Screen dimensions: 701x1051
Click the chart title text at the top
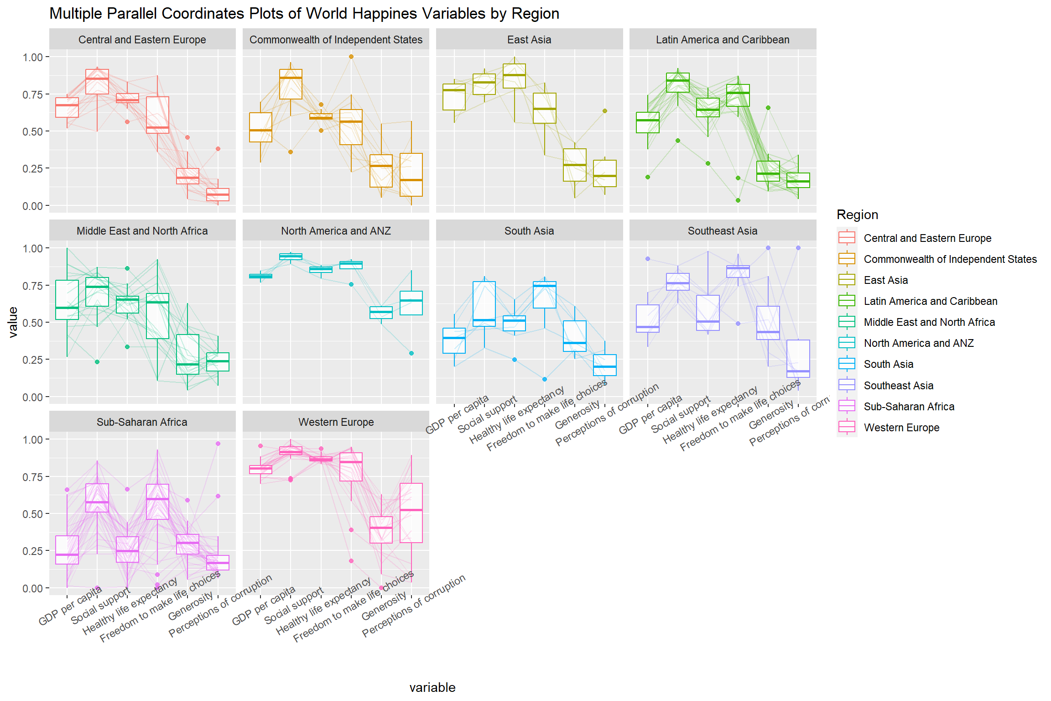[304, 14]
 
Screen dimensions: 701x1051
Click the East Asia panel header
[529, 40]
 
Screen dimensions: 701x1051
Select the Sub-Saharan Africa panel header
[142, 422]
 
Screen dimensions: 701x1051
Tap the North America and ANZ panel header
[336, 231]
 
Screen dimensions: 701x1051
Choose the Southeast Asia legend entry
[898, 386]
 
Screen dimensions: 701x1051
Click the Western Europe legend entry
[901, 428]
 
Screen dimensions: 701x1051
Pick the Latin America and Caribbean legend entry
[930, 301]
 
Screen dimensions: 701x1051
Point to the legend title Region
[857, 214]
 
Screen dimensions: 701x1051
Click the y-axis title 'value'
[13, 322]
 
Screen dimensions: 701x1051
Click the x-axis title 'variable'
[432, 687]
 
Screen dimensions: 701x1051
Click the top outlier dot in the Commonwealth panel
[351, 57]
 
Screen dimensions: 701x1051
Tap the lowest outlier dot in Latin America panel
[738, 200]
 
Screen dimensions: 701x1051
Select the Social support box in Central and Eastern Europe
[97, 82]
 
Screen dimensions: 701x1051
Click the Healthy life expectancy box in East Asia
[515, 76]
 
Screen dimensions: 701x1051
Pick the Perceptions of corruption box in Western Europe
[411, 513]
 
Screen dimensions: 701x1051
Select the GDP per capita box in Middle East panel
[67, 300]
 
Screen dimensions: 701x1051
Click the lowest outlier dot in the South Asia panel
[545, 379]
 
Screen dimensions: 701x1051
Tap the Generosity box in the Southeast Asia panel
[768, 323]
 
